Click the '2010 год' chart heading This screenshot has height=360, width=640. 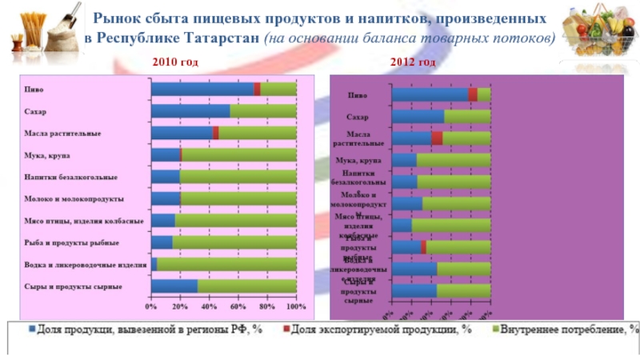[174, 62]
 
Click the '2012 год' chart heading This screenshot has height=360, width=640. [413, 62]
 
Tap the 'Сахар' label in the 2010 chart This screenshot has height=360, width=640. [35, 111]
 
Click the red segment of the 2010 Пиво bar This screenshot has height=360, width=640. [257, 90]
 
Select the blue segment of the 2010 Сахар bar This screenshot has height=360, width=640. [190, 111]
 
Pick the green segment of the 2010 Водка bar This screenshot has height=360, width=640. [226, 264]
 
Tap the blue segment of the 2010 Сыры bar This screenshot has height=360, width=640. [174, 286]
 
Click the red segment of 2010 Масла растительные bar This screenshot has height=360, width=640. [216, 133]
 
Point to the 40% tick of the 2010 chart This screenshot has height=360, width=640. [209, 306]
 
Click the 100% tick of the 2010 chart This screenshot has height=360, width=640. [296, 306]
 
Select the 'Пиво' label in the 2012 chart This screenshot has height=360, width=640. [358, 95]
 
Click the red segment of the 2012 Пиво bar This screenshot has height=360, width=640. [473, 94]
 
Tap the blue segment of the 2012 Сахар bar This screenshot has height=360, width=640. [418, 116]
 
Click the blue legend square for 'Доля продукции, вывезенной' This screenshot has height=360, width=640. [32, 329]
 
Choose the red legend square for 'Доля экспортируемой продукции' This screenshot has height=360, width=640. [285, 329]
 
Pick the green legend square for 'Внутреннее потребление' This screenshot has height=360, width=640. [494, 329]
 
